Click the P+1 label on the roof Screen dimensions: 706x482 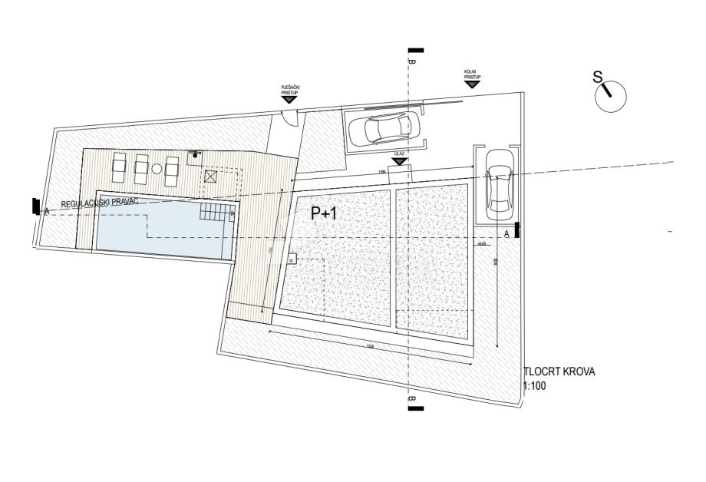(324, 214)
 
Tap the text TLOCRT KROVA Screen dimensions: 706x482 (559, 372)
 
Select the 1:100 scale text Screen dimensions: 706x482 (534, 386)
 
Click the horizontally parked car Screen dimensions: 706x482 (384, 129)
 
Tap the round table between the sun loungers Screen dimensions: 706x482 (157, 169)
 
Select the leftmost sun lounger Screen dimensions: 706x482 (120, 166)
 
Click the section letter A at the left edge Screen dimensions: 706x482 (47, 211)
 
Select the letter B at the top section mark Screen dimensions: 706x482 (412, 61)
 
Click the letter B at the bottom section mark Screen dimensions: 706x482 (412, 400)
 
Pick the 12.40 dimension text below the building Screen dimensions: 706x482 (370, 347)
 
